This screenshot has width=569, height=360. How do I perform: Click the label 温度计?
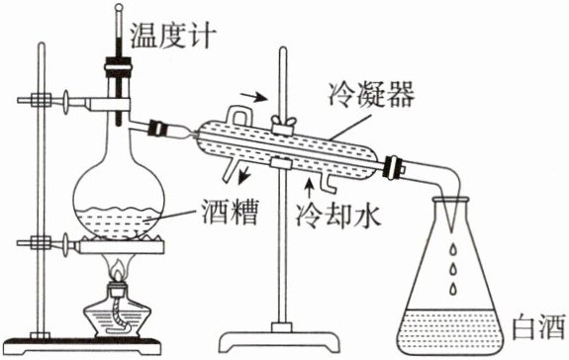coord(173,36)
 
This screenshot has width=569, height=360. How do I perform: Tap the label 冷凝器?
coord(371,94)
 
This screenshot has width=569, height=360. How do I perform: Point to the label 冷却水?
coord(338,215)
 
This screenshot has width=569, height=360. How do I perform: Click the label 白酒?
coord(539,327)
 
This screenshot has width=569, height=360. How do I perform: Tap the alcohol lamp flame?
coord(119,271)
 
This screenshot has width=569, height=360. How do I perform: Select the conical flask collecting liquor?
coord(451,276)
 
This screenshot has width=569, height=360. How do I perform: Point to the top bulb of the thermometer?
coord(119,7)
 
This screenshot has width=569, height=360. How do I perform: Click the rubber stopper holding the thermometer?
coord(118,71)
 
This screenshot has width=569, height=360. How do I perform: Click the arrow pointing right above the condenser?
coord(254,97)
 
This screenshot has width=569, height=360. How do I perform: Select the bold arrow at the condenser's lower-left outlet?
coord(245,175)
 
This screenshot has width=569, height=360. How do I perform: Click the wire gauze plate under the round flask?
coord(122,245)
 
